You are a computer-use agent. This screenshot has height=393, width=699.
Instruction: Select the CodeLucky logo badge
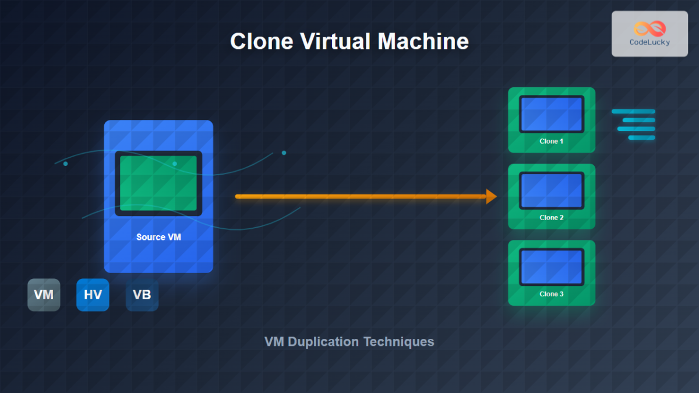649,34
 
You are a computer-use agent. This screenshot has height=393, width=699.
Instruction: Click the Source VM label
158,237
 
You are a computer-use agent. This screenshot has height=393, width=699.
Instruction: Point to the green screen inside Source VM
158,183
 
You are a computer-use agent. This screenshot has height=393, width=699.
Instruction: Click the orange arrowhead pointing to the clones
491,197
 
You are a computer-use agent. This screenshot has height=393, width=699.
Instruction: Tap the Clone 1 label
552,141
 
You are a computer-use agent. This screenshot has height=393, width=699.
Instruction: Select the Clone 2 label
552,217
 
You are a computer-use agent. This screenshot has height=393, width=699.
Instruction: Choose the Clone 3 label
552,294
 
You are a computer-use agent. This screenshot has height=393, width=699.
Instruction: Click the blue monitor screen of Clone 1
552,114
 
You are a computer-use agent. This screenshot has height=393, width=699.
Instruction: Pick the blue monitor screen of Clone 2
552,190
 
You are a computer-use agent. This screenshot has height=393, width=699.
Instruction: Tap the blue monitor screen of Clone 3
552,267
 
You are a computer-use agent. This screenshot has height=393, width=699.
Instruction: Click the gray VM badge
44,295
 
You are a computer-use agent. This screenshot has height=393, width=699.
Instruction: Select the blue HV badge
93,295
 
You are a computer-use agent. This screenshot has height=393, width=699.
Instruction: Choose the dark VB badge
142,295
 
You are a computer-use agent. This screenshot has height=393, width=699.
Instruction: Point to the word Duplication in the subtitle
323,342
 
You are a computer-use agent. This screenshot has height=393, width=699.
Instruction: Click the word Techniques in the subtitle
399,342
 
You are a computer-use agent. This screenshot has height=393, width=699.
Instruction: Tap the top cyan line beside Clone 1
633,111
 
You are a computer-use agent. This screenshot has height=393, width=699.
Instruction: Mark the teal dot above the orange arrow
284,153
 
